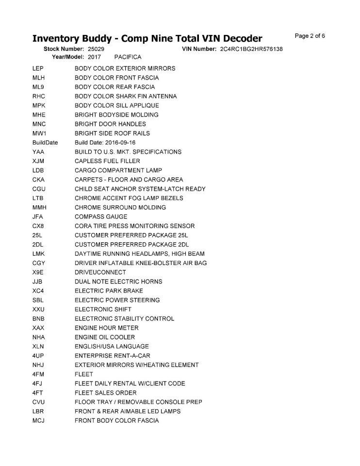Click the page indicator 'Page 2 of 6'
pyautogui.click(x=310, y=35)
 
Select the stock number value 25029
pyautogui.click(x=96, y=50)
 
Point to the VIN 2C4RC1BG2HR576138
pyautogui.click(x=251, y=50)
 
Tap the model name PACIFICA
pyautogui.click(x=128, y=57)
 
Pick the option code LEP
pyautogui.click(x=38, y=68)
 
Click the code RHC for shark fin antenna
pyautogui.click(x=39, y=96)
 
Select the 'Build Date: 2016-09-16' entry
pyautogui.click(x=105, y=143)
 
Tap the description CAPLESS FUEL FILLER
pyautogui.click(x=107, y=161)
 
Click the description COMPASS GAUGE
pyautogui.click(x=101, y=217)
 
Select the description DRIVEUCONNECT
pyautogui.click(x=100, y=272)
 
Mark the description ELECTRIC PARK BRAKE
pyautogui.click(x=109, y=291)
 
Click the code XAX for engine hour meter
pyautogui.click(x=39, y=328)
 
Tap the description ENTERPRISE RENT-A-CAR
pyautogui.click(x=112, y=356)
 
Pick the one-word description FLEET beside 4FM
pyautogui.click(x=83, y=374)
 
